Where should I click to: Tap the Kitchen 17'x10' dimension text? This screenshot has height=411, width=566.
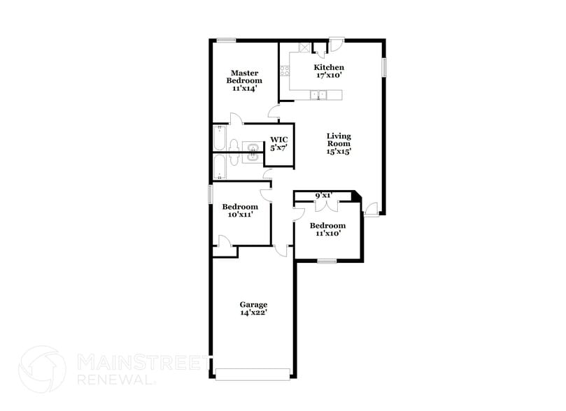(328, 75)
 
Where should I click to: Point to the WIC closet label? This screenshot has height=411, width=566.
(279, 140)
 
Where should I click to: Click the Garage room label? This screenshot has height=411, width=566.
(253, 305)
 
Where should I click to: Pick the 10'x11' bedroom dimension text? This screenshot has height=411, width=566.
(240, 215)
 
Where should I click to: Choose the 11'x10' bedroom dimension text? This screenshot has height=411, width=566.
(327, 233)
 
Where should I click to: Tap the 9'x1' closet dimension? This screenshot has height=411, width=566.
(323, 196)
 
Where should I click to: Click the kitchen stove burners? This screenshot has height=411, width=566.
(284, 71)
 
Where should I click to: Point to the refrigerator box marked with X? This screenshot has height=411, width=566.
(305, 48)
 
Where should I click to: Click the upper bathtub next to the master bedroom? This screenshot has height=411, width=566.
(220, 138)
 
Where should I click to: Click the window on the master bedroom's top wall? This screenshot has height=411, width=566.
(226, 40)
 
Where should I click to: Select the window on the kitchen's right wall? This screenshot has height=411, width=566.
(383, 67)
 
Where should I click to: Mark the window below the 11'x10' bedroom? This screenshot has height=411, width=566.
(327, 261)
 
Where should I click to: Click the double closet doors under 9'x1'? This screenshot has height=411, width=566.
(328, 205)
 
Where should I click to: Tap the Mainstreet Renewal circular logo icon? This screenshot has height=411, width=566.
(42, 370)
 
